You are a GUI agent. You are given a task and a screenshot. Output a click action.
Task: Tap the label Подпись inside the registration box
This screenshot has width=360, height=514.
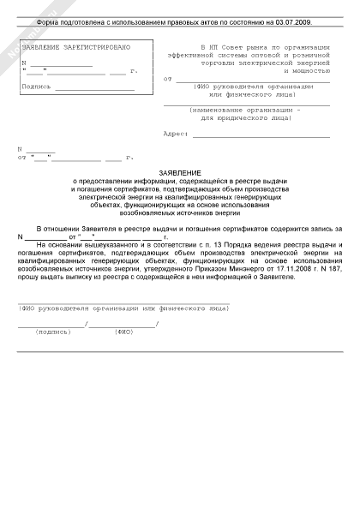(36, 87)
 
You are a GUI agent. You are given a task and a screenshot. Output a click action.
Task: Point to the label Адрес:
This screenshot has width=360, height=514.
(175, 134)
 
